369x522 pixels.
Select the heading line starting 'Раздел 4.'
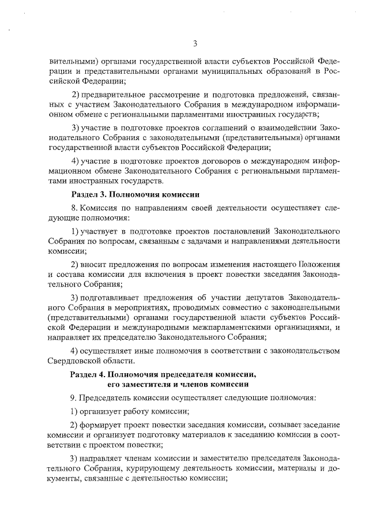pyautogui.click(x=163, y=374)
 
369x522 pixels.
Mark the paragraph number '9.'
pyautogui.click(x=74, y=399)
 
